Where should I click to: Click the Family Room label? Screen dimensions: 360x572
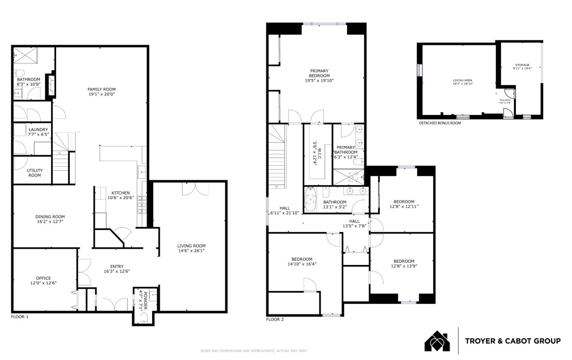102,89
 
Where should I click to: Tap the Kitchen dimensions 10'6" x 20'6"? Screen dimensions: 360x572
120,198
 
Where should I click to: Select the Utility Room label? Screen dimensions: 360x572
35,173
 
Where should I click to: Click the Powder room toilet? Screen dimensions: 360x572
144,317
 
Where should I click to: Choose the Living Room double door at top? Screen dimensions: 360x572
195,189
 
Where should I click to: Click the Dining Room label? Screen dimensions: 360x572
50,217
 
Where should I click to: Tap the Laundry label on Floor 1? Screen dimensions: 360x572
38,129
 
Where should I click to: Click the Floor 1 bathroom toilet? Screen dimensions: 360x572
19,73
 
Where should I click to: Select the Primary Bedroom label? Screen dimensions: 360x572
319,73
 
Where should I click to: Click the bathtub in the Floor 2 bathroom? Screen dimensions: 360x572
310,200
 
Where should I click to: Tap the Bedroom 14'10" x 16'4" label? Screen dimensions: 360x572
302,259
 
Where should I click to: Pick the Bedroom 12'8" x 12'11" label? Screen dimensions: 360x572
404,202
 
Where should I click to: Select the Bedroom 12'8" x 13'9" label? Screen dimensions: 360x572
404,261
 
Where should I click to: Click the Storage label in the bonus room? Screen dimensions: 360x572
522,65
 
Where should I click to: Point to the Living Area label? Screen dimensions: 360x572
462,81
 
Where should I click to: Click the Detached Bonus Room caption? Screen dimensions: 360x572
440,123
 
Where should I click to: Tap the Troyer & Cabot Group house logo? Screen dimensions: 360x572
437,341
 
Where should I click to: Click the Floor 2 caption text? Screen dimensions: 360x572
275,319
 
